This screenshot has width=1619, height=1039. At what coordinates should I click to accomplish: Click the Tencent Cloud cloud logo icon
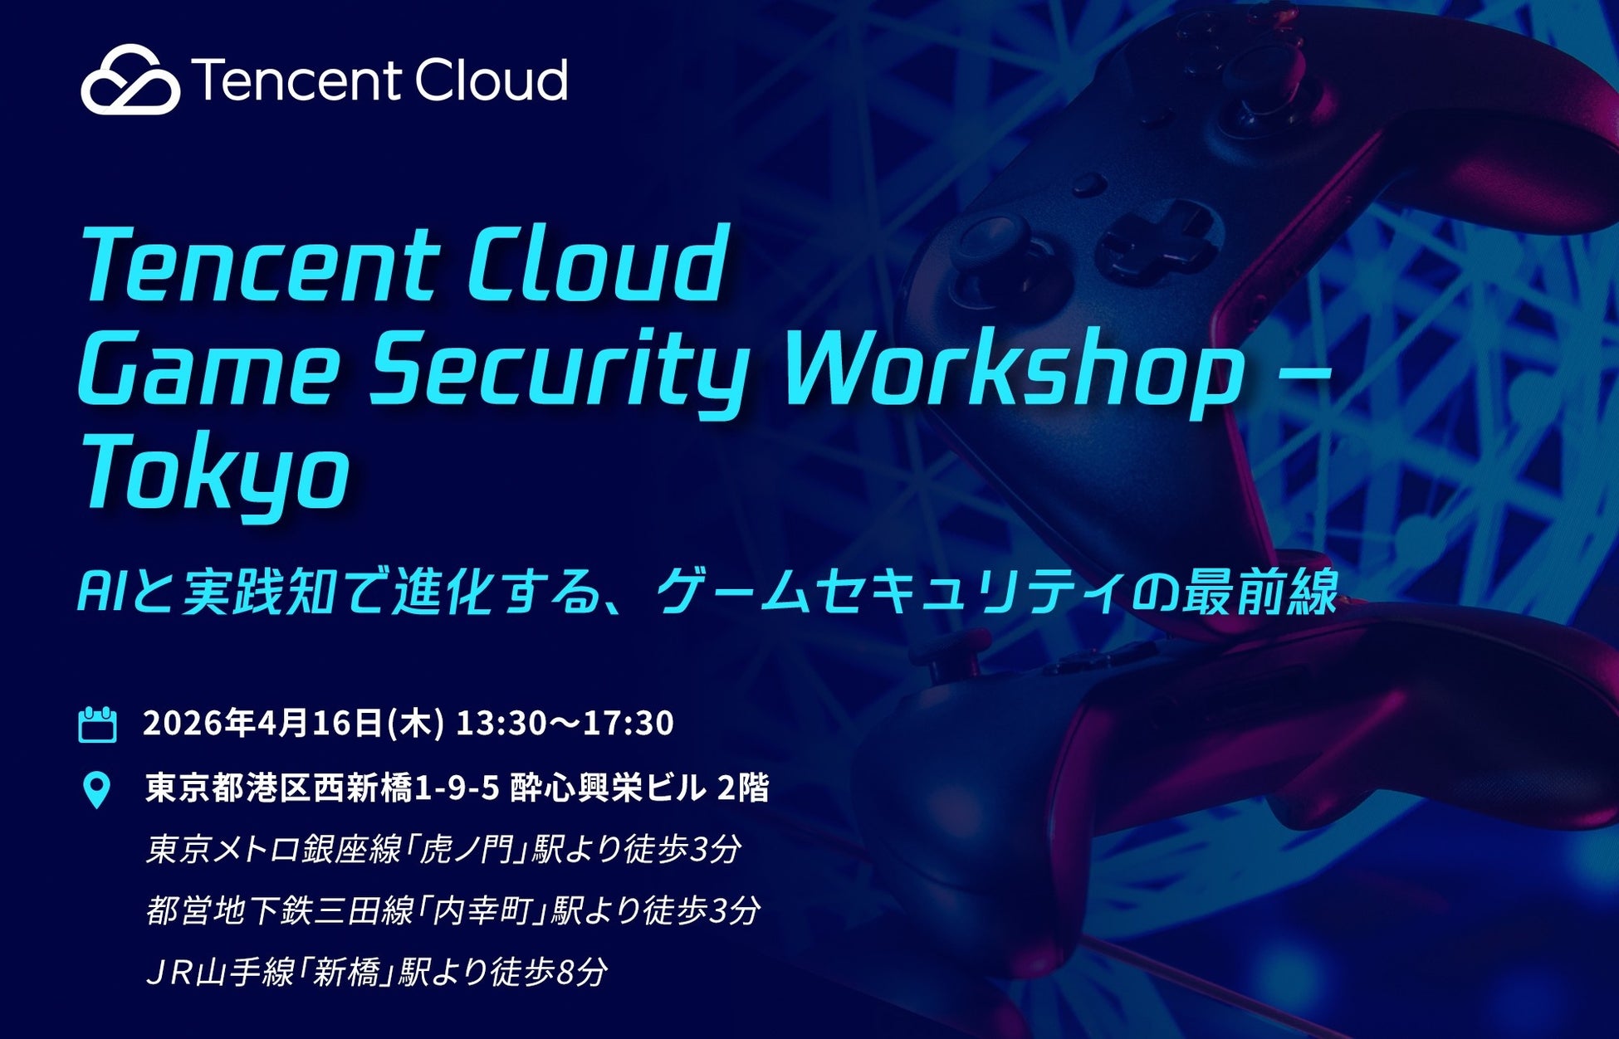click(x=130, y=80)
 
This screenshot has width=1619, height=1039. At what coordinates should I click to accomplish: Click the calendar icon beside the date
click(x=97, y=724)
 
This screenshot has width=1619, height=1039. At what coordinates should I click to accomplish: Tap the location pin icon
click(x=97, y=789)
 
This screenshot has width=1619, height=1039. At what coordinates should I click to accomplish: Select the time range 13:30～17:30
click(x=565, y=723)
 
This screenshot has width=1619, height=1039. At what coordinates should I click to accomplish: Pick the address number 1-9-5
click(x=456, y=788)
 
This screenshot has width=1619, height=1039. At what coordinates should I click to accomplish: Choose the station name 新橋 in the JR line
click(x=346, y=972)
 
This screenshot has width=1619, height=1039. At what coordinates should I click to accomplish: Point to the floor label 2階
click(x=742, y=788)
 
